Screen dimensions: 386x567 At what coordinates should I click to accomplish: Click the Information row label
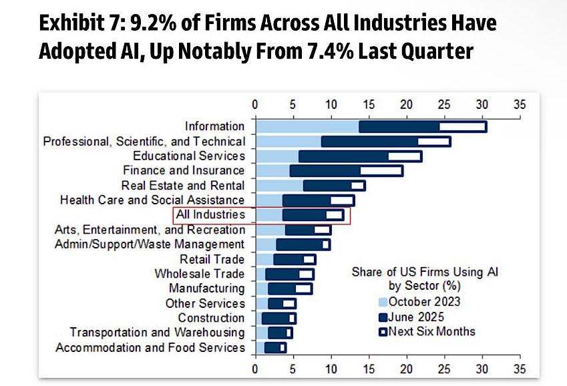tap(214, 126)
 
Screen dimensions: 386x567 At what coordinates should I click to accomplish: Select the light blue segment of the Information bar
tap(307, 126)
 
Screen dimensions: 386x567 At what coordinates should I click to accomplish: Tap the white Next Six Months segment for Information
tap(461, 126)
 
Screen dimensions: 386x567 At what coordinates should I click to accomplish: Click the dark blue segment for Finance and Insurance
tap(325, 170)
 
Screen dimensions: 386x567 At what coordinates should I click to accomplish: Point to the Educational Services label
tap(189, 156)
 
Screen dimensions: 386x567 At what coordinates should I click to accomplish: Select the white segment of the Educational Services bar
tap(404, 156)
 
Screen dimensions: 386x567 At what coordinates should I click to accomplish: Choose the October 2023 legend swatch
tap(383, 301)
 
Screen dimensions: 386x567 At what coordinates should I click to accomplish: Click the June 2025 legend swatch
tap(383, 316)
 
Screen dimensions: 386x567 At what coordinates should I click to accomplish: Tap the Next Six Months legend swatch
tap(383, 331)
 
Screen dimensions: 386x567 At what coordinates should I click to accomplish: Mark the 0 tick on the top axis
tap(254, 105)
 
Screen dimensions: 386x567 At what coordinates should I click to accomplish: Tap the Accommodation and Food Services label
tap(150, 348)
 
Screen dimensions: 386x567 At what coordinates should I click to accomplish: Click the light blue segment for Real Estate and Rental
tap(278, 185)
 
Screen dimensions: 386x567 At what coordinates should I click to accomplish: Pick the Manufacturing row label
tap(206, 288)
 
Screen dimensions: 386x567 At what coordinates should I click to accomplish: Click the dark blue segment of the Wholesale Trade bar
tap(282, 274)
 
